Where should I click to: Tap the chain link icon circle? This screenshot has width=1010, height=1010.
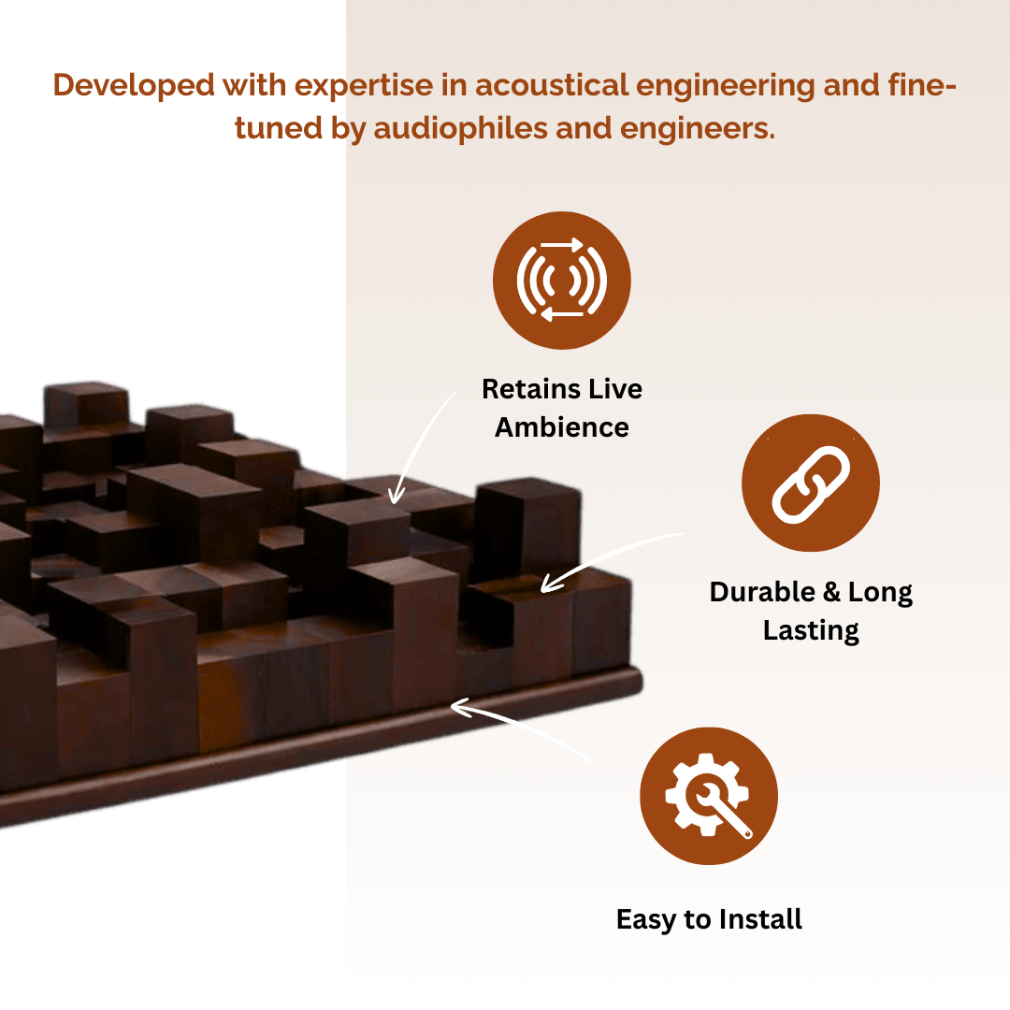point(810,483)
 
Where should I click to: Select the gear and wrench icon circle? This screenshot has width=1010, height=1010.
point(709,796)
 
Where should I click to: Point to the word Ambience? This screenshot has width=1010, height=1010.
point(562,427)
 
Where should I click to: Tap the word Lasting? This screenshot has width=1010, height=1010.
point(811,630)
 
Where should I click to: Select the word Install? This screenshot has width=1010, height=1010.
point(759,919)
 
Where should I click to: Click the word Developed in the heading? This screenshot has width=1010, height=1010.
point(133,85)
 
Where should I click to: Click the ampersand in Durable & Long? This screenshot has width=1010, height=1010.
point(832,592)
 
